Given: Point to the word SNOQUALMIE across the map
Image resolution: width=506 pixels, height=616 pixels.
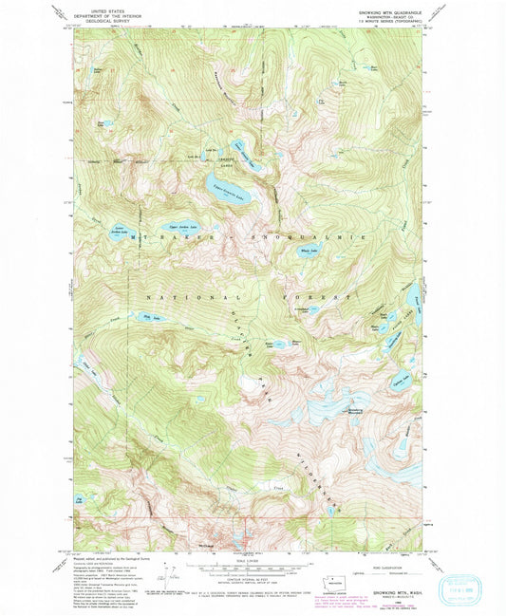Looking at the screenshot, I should (310, 233).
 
